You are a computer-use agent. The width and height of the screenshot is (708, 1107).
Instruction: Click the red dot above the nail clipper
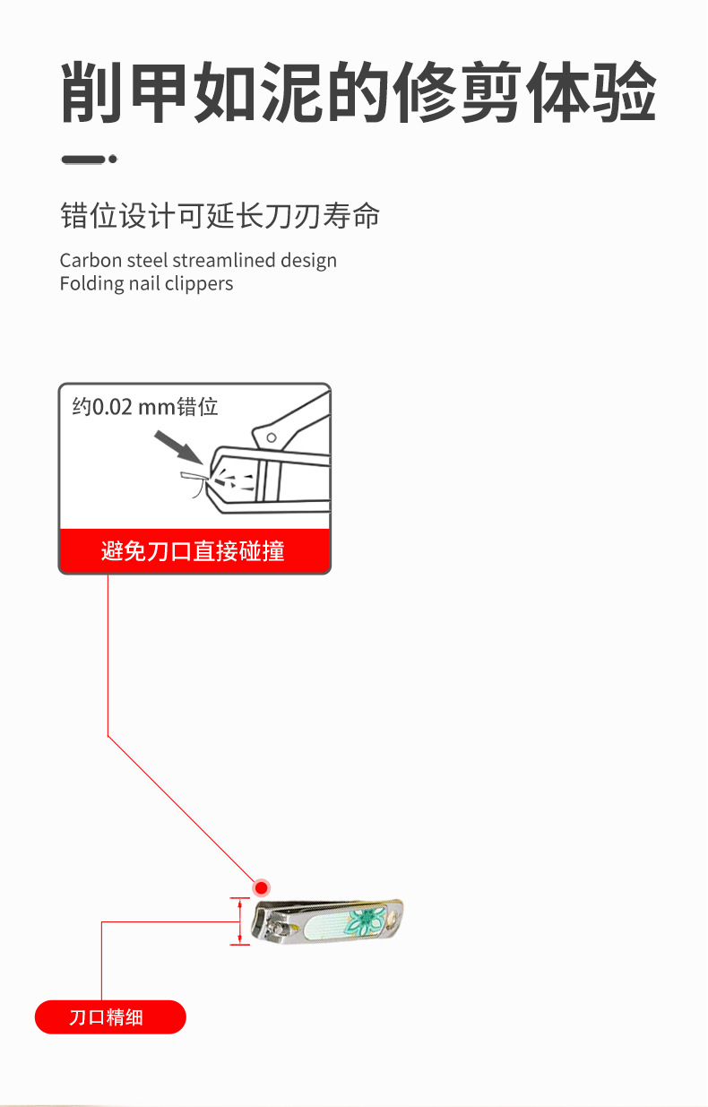coord(261,887)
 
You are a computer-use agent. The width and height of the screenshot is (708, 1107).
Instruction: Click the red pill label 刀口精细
coord(110,1017)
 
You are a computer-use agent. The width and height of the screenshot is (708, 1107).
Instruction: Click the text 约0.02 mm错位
coord(145,407)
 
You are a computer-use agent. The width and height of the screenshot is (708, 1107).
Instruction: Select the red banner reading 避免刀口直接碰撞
coord(194,550)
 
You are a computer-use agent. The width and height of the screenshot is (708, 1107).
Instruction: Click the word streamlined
coord(223,261)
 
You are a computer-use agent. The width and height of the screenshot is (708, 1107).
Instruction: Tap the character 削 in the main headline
coord(93,91)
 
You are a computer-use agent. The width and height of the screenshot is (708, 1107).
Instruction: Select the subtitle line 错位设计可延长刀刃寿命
coord(220,216)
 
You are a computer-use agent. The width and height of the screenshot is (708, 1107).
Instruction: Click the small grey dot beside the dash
coord(113,160)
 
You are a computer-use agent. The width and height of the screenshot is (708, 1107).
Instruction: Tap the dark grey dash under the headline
coord(83,160)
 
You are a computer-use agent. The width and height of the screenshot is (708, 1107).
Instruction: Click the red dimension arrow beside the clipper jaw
coord(240,921)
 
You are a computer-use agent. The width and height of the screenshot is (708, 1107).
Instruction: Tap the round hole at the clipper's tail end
coord(392,919)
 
